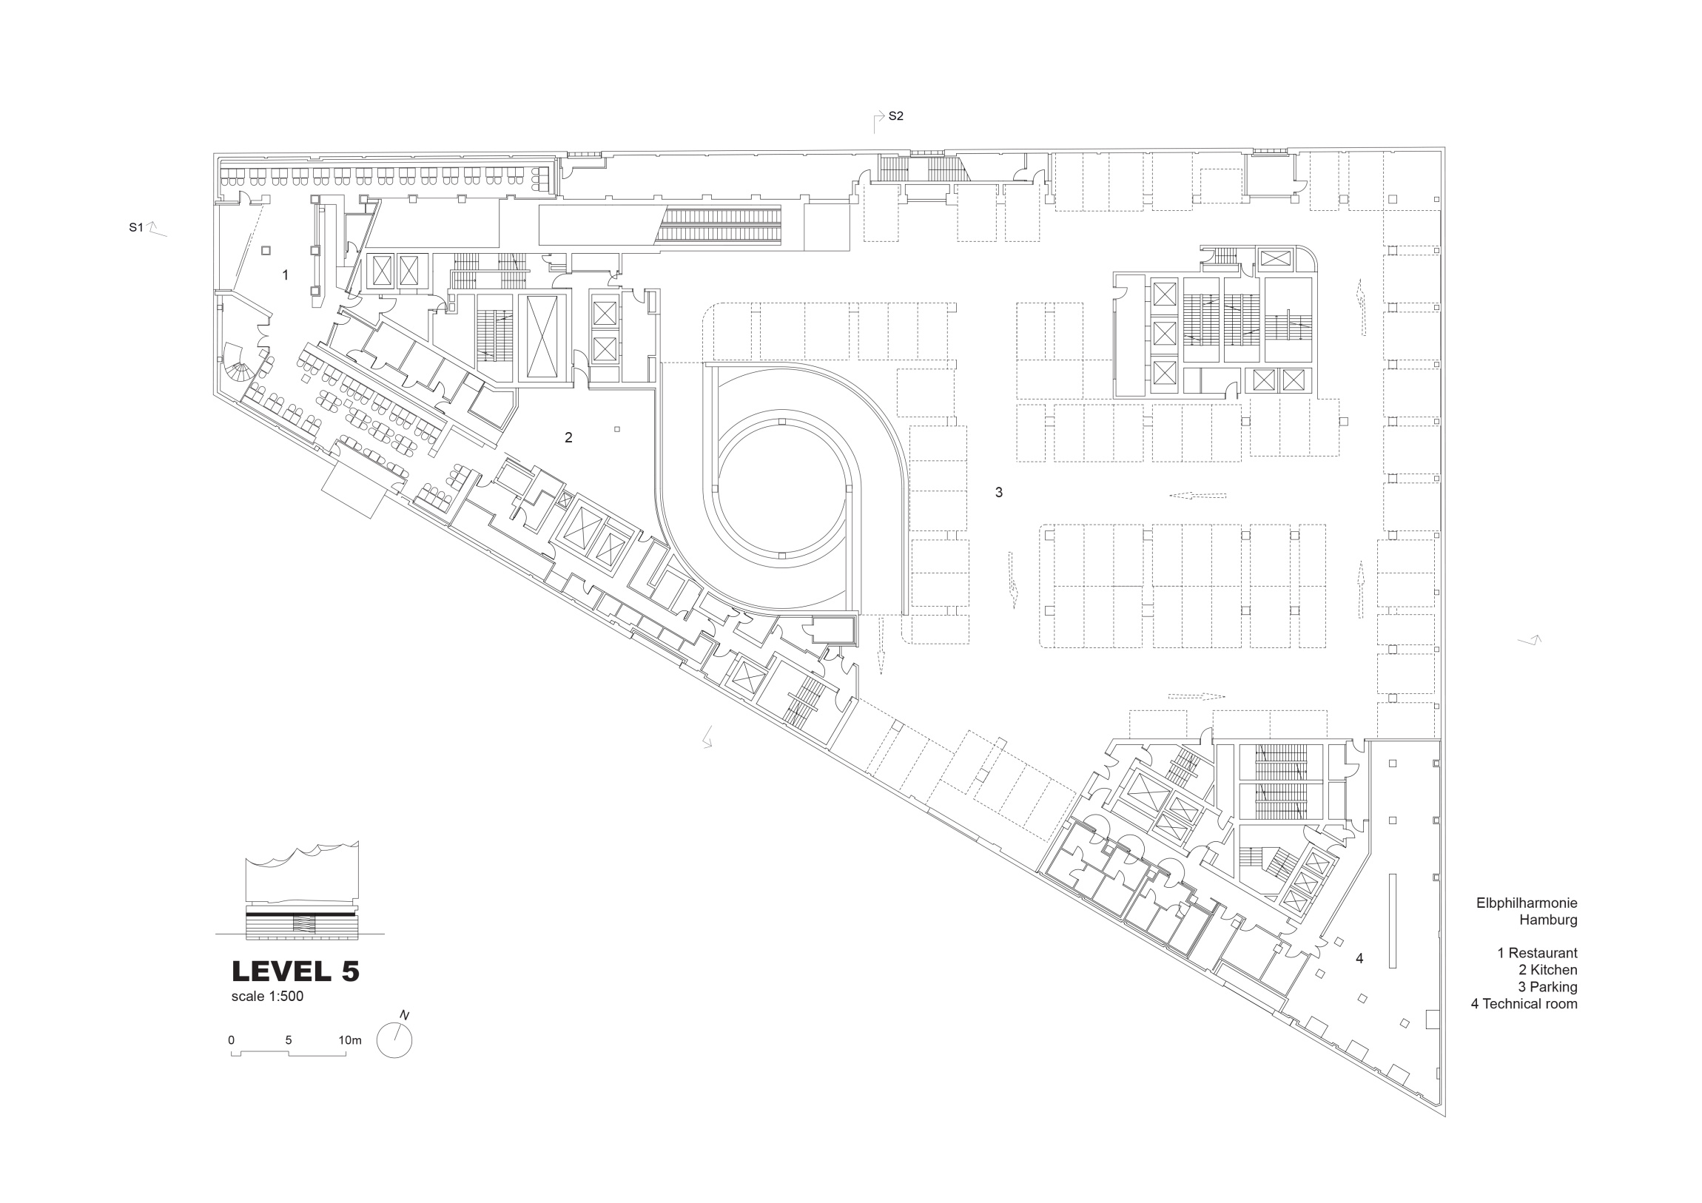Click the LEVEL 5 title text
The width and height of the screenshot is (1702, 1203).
[296, 971]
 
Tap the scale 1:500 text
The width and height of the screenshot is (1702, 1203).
[267, 996]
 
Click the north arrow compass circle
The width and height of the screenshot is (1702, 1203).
[394, 1039]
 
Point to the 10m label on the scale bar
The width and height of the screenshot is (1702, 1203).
[350, 1040]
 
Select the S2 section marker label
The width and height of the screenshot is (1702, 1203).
[895, 116]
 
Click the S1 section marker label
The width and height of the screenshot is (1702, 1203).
[135, 228]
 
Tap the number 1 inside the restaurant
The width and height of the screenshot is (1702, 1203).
[286, 275]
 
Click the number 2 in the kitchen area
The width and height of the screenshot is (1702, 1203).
[568, 437]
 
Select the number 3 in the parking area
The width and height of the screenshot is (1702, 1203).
[998, 492]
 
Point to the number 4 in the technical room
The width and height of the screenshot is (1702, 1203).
[1359, 958]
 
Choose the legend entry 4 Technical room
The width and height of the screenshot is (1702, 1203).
[1524, 1005]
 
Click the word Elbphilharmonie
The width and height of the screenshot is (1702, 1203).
[1527, 903]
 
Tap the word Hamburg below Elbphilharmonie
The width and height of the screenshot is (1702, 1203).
[1548, 920]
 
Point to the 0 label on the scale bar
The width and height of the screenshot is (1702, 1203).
[232, 1040]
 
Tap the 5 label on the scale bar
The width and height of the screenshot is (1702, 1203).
[289, 1040]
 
